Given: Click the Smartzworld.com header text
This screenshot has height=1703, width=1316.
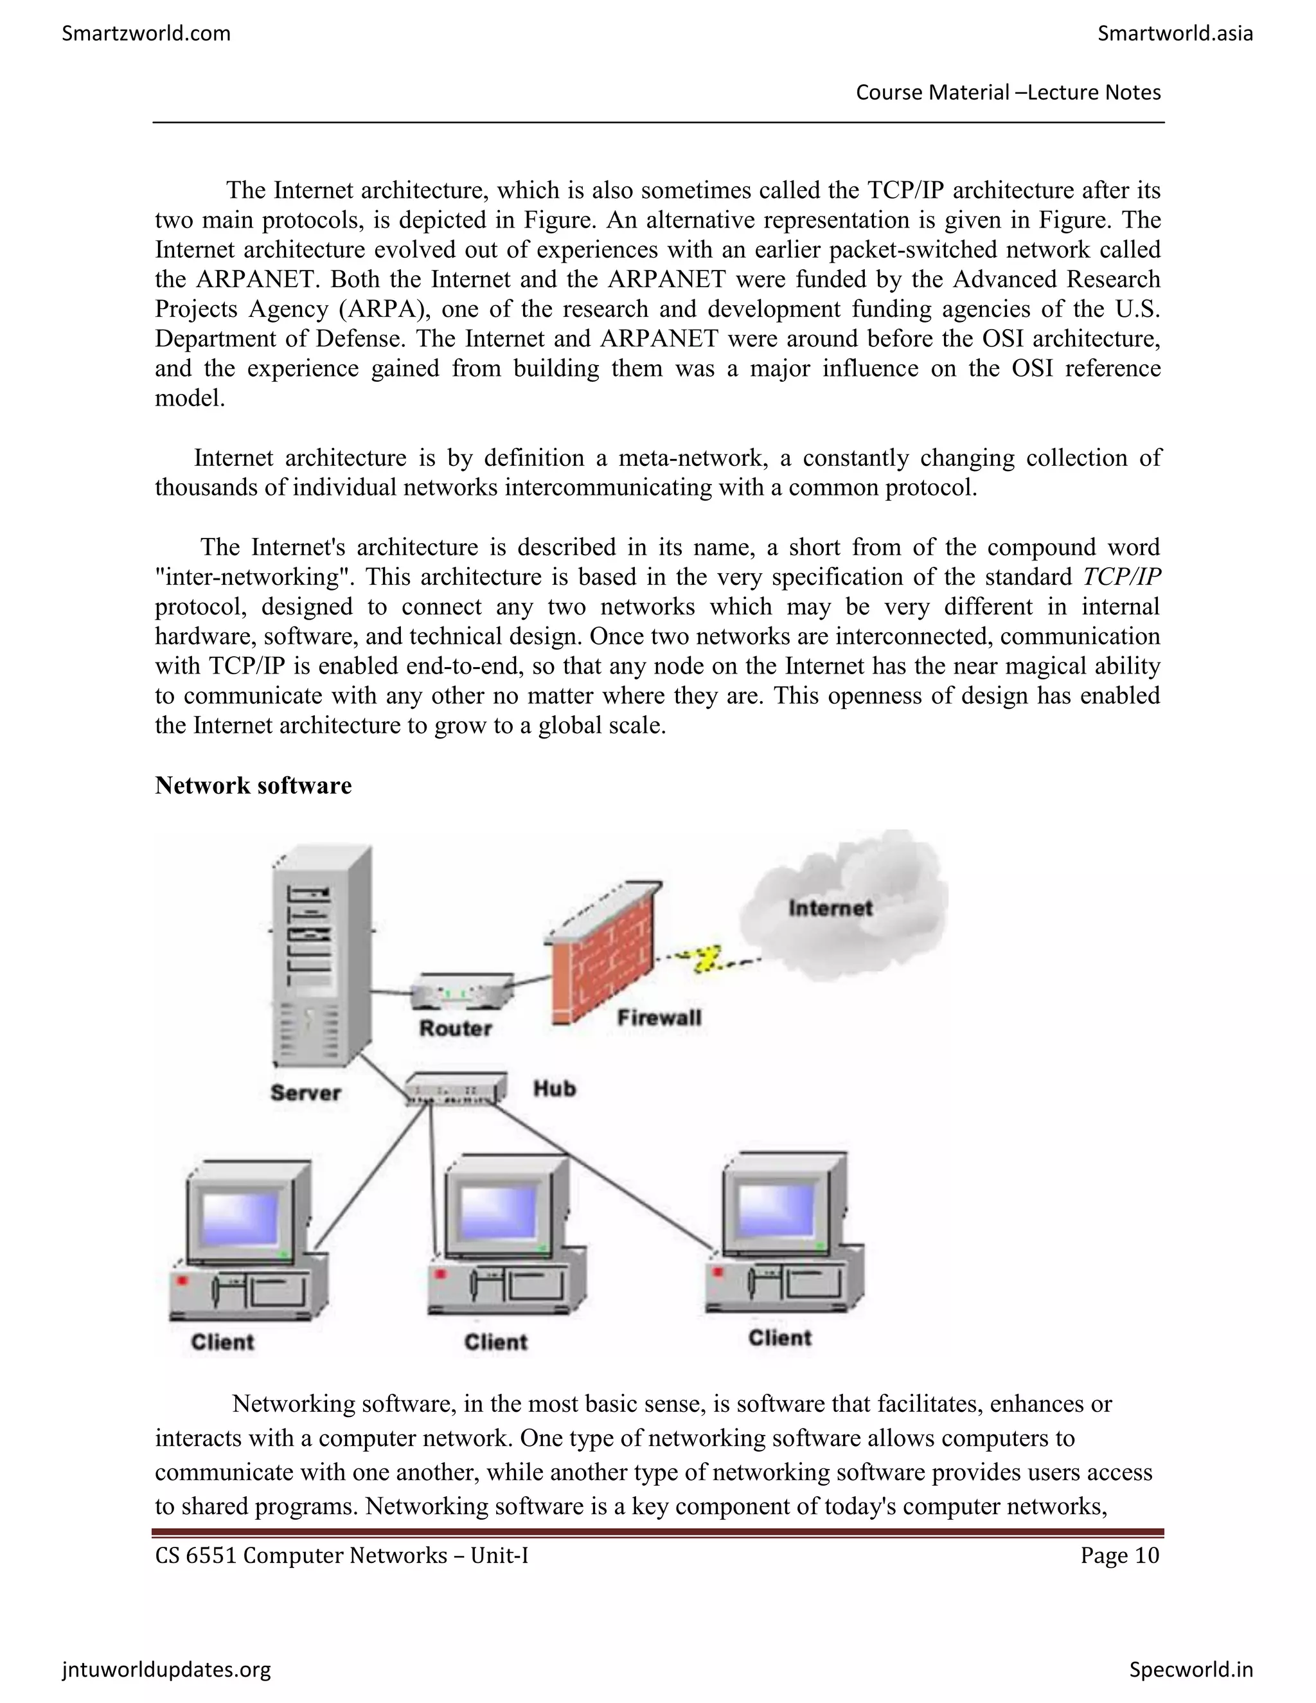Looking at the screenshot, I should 146,33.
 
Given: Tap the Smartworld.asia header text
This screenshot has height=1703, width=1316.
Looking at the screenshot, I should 1175,33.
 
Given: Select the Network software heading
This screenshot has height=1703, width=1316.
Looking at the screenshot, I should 253,785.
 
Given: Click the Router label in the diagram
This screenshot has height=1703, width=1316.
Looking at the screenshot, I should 456,1028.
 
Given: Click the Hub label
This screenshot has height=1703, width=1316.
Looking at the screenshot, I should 555,1089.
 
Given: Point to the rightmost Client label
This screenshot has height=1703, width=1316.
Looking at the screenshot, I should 779,1338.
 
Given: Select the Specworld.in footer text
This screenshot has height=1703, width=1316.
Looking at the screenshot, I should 1191,1670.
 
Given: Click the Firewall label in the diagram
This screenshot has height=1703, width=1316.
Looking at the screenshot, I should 659,1017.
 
